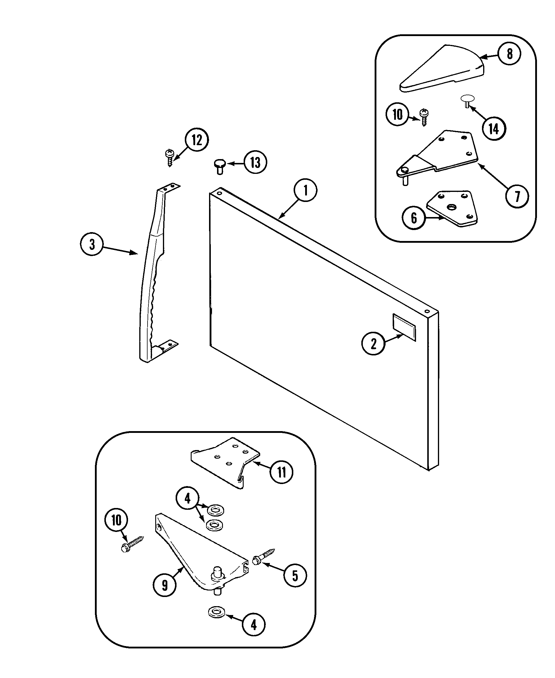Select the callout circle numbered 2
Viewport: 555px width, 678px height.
(x=373, y=344)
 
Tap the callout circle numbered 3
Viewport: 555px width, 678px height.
(x=92, y=245)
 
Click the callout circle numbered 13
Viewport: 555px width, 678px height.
(x=255, y=162)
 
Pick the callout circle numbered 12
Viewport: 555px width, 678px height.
(x=197, y=140)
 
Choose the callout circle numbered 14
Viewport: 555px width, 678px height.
(x=494, y=129)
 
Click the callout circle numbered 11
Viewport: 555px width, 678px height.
(x=281, y=472)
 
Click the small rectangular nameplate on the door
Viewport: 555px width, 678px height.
(x=404, y=327)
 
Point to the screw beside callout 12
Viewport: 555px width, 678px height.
(x=169, y=158)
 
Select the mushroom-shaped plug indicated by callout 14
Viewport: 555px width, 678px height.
(x=467, y=100)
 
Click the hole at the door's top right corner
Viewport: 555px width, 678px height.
(x=427, y=311)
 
